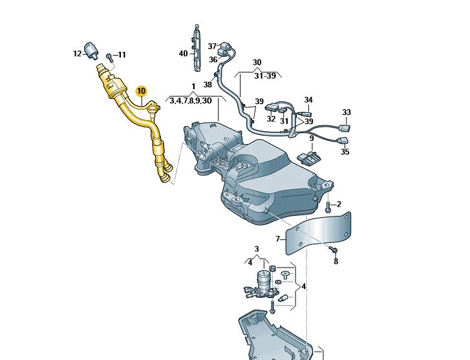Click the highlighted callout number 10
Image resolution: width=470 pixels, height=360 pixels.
click(142, 92)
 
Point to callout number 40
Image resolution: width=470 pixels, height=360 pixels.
click(183, 53)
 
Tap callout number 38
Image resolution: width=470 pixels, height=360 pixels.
click(208, 84)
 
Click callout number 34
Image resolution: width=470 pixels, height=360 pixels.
click(308, 100)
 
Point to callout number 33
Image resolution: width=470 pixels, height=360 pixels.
click(347, 112)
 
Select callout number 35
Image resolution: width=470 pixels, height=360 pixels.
click(345, 152)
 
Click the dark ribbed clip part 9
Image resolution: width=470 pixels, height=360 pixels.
click(308, 157)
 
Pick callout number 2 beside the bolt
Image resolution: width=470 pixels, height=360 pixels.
click(339, 204)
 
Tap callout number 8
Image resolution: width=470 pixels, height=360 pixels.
click(336, 261)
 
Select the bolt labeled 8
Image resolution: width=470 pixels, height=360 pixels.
click(334, 249)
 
